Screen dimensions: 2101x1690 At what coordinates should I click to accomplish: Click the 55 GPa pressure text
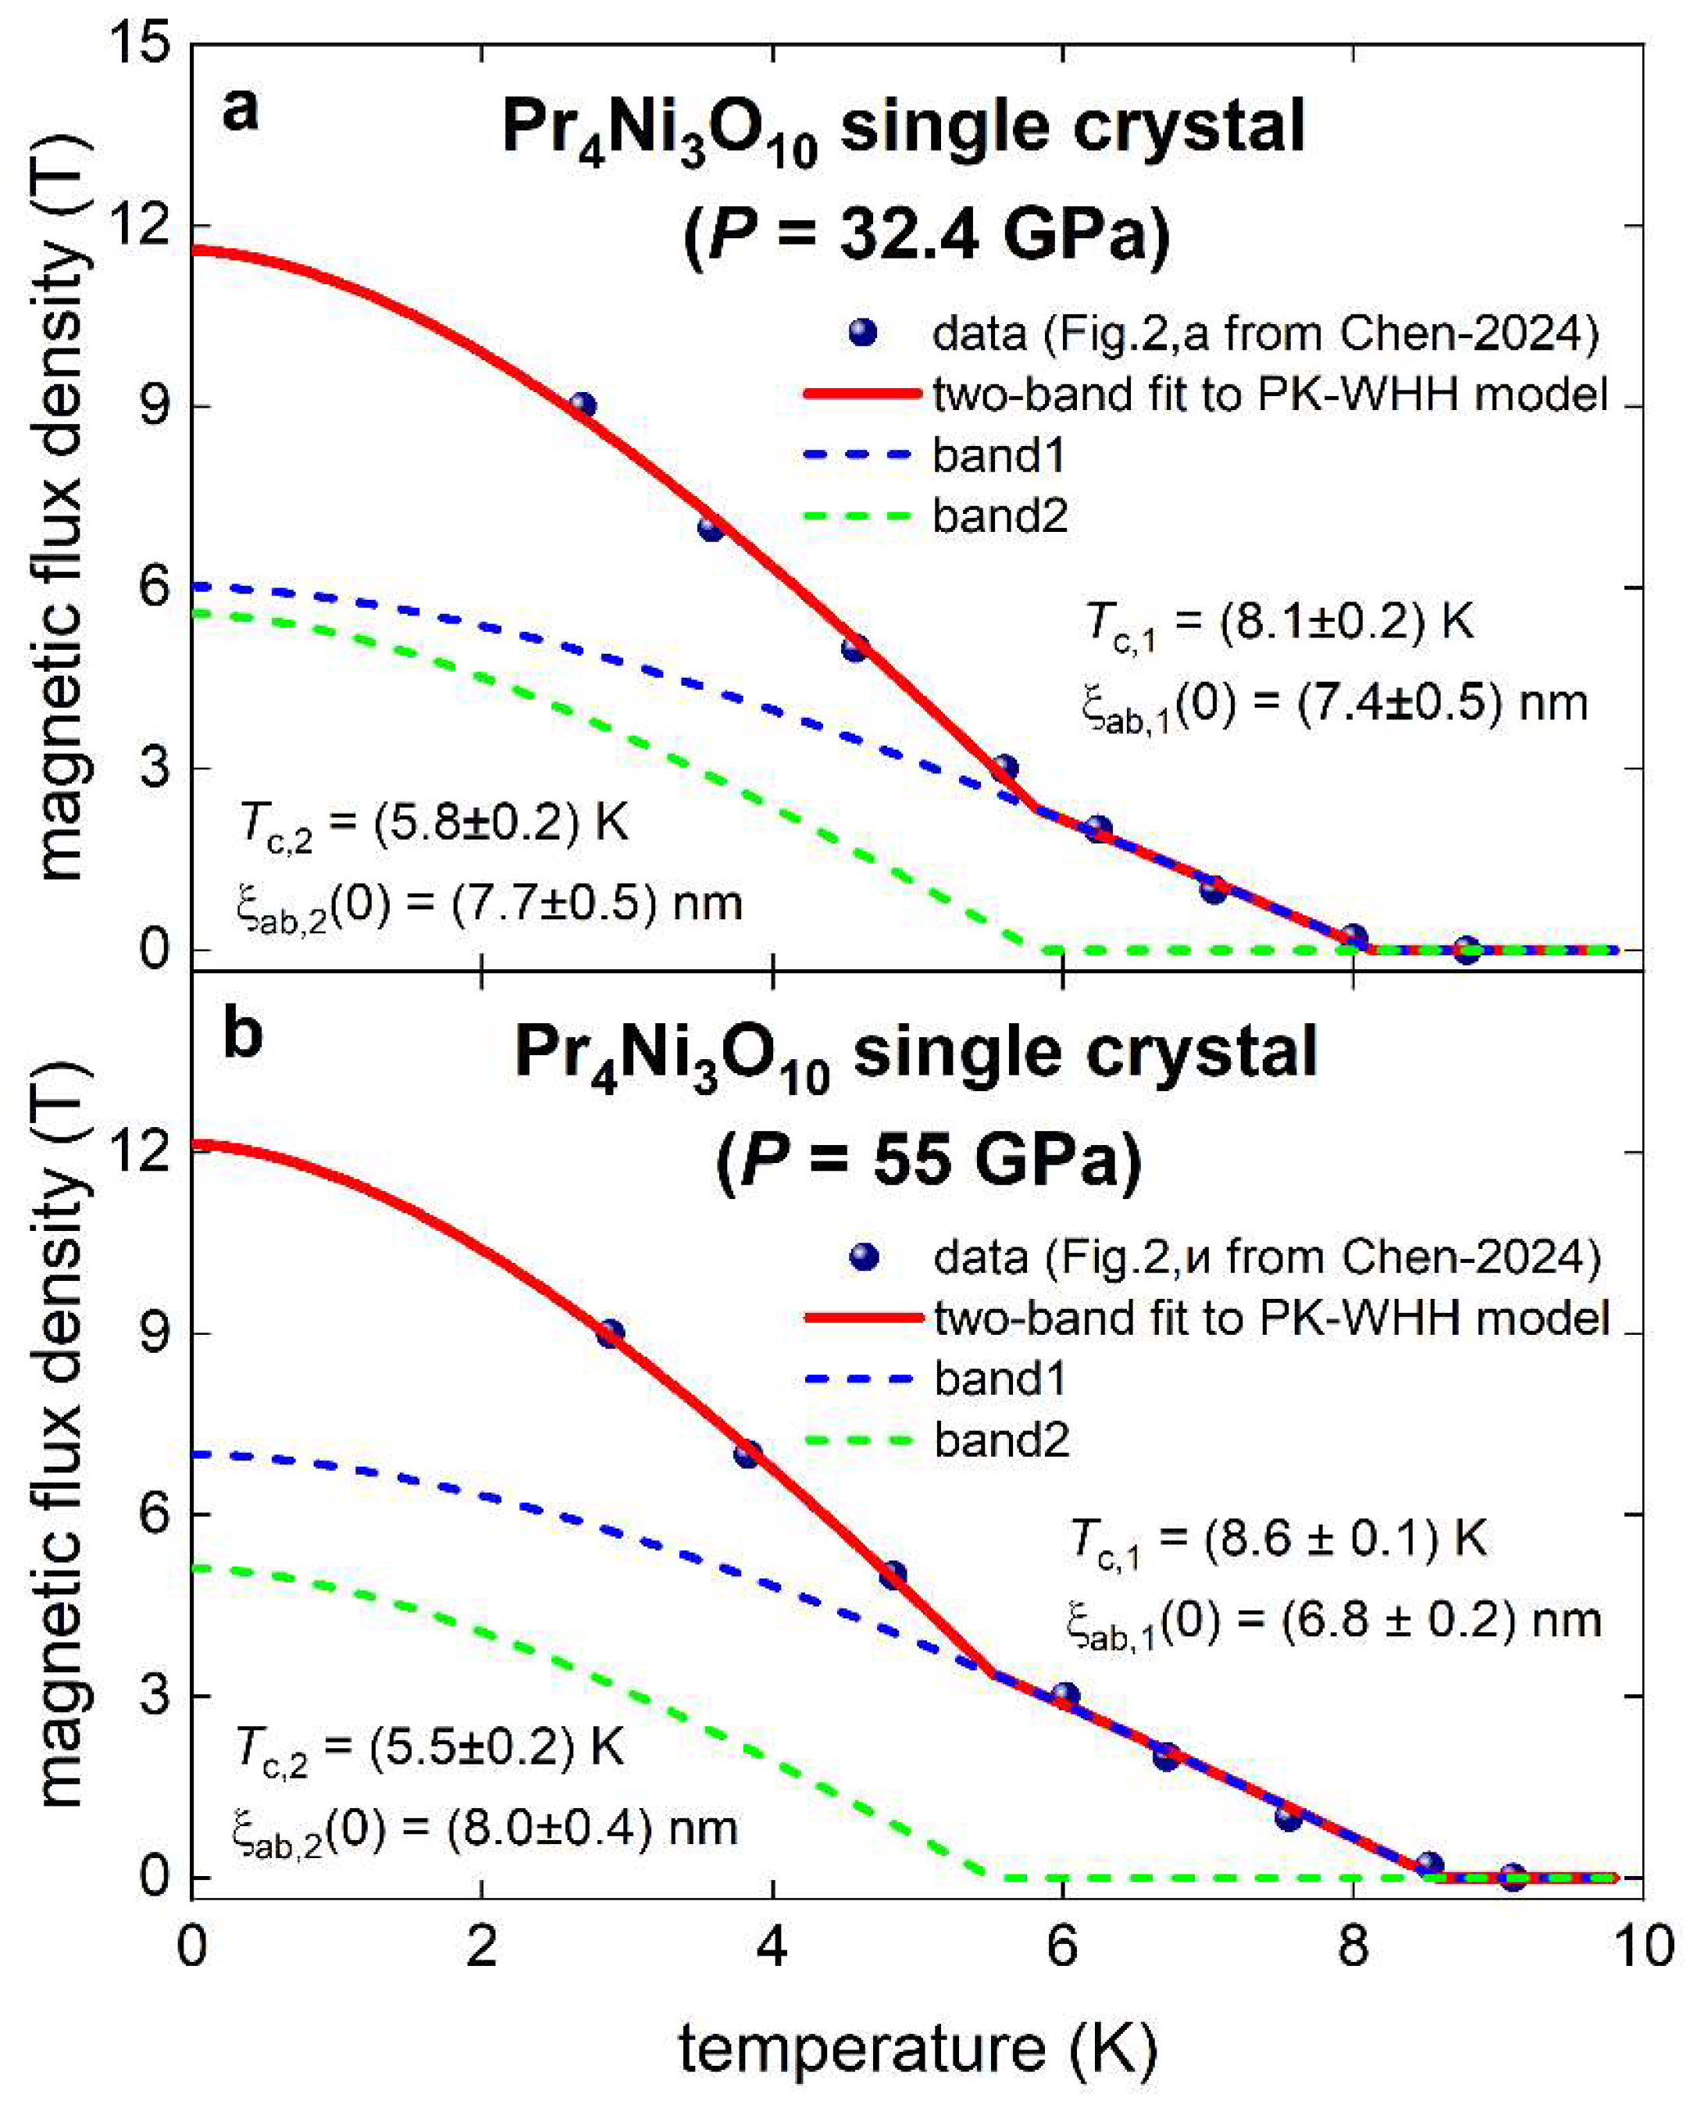coord(929,1158)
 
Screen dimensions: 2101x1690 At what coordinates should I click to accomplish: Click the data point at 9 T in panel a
coord(583,406)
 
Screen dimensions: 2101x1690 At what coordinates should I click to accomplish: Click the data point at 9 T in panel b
coord(610,1334)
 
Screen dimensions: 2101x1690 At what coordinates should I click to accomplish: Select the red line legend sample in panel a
coord(861,394)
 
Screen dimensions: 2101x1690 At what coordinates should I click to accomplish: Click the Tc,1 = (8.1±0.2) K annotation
coord(1278,622)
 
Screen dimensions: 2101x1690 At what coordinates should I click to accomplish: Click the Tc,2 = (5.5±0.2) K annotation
coord(429,1747)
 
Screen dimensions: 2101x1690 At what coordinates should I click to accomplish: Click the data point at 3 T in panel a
coord(1005,768)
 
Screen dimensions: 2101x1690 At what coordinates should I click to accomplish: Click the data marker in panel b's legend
coord(862,1258)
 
